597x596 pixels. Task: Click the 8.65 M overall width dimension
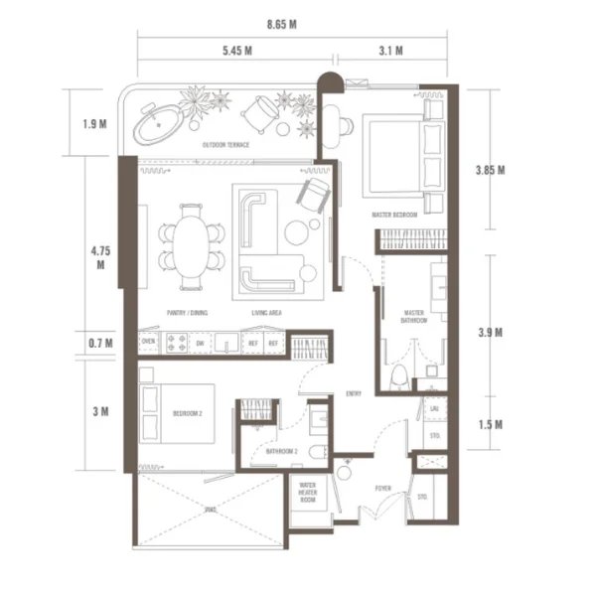[x=283, y=24]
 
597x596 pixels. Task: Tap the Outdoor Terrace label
[x=225, y=145]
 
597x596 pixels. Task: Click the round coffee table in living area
[x=296, y=232]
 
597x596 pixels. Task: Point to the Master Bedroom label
[x=394, y=215]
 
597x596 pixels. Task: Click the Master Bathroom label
[x=414, y=317]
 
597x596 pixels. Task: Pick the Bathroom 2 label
[x=281, y=452]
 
